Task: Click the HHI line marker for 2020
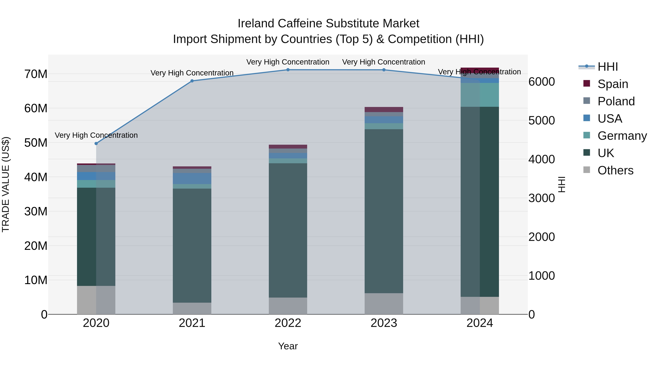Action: point(96,144)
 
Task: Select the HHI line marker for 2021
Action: point(192,81)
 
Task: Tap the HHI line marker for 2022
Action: point(288,70)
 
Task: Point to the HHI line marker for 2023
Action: point(384,70)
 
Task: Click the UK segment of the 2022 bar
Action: point(288,230)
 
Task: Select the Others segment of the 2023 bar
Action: point(384,304)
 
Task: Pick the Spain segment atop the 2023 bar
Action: point(384,110)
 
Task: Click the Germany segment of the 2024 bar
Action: point(480,95)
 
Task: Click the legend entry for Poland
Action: point(616,101)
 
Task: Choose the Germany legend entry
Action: point(622,136)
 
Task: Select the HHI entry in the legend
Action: point(608,67)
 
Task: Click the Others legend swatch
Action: point(587,170)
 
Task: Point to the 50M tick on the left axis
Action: point(36,143)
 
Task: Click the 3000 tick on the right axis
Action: point(541,198)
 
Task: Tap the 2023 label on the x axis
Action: point(384,323)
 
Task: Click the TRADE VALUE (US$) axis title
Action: point(6,184)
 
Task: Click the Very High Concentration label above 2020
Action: point(96,135)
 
